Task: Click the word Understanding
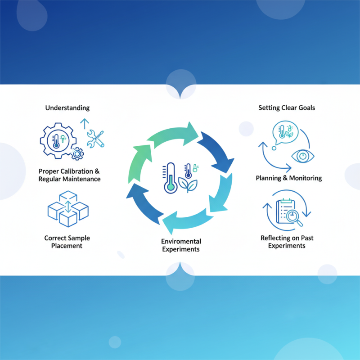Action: pos(67,108)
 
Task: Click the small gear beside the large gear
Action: pos(78,153)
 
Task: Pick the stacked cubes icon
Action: pos(67,208)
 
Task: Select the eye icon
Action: pos(303,156)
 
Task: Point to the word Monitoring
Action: pos(306,178)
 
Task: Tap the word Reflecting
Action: pos(276,238)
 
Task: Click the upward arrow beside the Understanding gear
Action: pos(83,124)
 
